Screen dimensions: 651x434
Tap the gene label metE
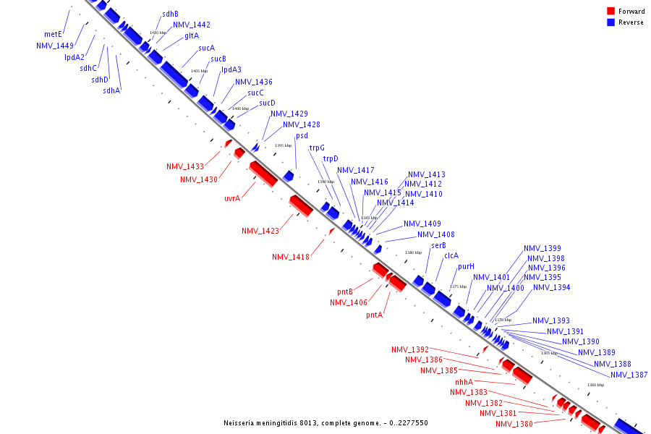(53, 34)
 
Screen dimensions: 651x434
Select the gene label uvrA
(232, 198)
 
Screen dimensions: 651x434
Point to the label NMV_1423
(260, 231)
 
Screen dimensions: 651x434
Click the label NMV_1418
(291, 257)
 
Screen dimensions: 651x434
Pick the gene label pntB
(345, 292)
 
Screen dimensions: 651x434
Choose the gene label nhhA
(464, 382)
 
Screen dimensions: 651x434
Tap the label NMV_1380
(514, 424)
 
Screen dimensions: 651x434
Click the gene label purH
(466, 266)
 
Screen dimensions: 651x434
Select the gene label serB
(438, 245)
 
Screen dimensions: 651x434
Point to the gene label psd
(302, 136)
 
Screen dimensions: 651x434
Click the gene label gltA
(192, 35)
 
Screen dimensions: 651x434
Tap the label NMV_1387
(629, 375)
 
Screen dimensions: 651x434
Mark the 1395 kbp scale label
(283, 145)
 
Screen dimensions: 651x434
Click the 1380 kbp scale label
(413, 252)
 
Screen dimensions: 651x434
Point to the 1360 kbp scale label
(595, 385)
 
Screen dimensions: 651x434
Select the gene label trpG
(317, 148)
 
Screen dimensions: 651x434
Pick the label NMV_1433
(184, 166)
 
